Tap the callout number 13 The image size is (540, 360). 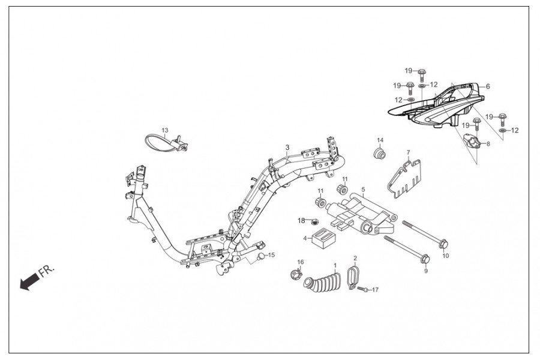click(x=165, y=130)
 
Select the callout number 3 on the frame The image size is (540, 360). click(x=287, y=148)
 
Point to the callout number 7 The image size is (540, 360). click(x=408, y=152)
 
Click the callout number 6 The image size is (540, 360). click(x=488, y=86)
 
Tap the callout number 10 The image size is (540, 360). click(x=445, y=254)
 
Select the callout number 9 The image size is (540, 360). click(x=425, y=271)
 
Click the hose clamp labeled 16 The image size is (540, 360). click(x=295, y=275)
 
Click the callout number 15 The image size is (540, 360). click(x=271, y=255)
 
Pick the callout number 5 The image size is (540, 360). click(x=363, y=189)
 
